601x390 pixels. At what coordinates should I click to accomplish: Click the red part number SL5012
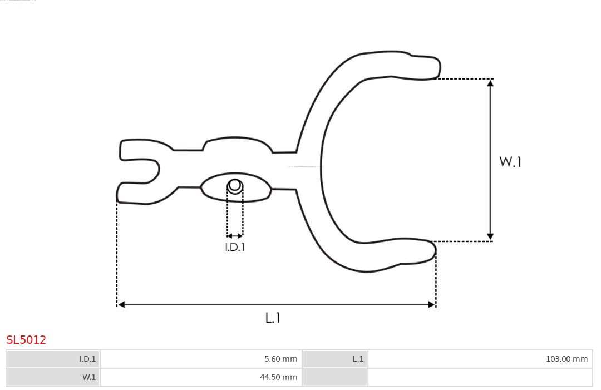coord(26,340)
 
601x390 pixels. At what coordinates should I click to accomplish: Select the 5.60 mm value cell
coord(201,359)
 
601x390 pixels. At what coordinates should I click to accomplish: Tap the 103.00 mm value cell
coord(480,359)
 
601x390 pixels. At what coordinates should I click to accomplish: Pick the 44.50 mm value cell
coord(201,377)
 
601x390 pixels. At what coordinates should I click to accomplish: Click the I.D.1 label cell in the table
coord(53,359)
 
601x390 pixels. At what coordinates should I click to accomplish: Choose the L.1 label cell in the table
coord(334,359)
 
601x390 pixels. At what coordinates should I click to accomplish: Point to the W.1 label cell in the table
coord(53,377)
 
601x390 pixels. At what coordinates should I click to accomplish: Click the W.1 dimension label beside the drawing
coord(510,162)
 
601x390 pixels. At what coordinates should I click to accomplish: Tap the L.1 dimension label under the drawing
coord(273,318)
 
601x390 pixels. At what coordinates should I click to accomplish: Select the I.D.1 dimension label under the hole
coord(235,247)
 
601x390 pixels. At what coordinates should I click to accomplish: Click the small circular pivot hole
coord(235,185)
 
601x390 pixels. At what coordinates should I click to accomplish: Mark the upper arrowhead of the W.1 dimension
coord(490,83)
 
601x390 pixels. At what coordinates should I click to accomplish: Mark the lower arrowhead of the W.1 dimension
coord(490,237)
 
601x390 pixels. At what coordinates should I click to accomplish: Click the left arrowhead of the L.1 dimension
coord(121,304)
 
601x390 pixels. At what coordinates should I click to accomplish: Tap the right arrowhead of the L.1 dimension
coord(431,304)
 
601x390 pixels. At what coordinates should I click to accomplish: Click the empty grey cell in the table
coord(334,377)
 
